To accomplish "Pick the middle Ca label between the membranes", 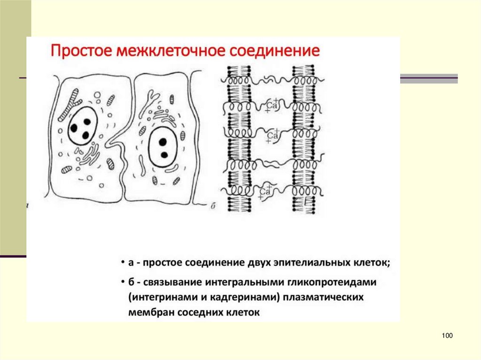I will click(x=273, y=136).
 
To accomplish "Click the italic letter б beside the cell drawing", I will click(x=212, y=205).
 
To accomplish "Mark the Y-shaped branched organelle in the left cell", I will click(x=73, y=101).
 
